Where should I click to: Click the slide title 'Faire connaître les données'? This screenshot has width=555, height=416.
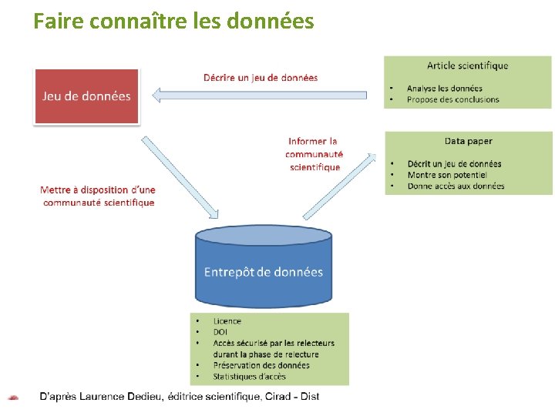coord(173,21)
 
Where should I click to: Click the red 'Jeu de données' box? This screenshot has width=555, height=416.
coord(86,96)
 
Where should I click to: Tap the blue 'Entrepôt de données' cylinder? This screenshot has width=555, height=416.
coord(263,270)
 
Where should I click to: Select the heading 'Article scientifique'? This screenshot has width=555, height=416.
coord(467,65)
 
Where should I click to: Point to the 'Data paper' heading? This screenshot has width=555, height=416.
coord(468,141)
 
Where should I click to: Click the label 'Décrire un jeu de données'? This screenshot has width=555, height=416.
coord(260,77)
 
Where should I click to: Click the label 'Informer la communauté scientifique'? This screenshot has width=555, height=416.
coord(313,154)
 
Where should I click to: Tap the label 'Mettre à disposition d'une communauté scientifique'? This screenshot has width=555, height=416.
coord(98,196)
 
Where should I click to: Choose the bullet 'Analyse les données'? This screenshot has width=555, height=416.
coord(444,89)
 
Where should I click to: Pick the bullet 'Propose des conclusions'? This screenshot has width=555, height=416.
coord(452,99)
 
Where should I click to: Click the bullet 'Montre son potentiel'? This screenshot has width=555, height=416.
coord(447,175)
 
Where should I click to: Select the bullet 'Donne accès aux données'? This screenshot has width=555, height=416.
coord(456,186)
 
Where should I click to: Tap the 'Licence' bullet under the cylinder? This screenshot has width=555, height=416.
coord(227,321)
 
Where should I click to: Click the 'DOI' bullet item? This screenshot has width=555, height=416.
coord(220,332)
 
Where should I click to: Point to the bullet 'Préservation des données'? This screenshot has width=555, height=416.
coord(261,365)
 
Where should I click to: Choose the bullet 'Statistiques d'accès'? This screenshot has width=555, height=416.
coord(249,377)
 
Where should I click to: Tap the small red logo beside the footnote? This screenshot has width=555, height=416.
coord(13,398)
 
